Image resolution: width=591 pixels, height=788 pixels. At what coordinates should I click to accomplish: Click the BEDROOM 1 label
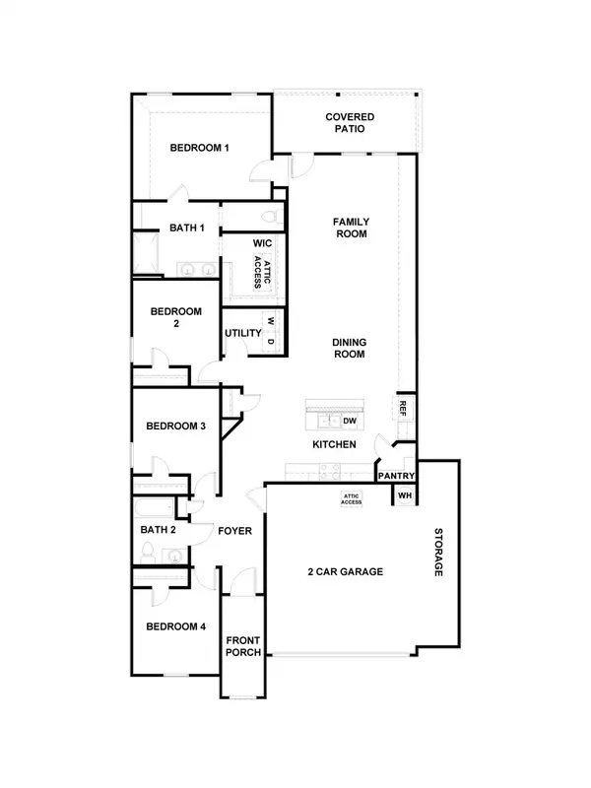(199, 148)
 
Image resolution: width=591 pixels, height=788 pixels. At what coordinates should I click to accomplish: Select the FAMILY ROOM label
(350, 229)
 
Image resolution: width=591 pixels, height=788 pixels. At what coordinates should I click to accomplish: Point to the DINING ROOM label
(349, 349)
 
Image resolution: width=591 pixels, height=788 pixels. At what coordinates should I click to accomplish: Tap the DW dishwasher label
(350, 421)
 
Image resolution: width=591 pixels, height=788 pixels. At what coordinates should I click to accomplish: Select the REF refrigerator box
(403, 408)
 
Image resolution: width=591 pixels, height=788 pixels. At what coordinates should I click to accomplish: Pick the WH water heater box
(404, 496)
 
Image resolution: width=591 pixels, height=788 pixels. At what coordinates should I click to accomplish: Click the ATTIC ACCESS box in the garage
(352, 499)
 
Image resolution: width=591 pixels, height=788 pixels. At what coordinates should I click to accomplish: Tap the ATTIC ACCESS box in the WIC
(258, 271)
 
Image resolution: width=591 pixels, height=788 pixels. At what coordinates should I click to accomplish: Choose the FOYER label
(235, 532)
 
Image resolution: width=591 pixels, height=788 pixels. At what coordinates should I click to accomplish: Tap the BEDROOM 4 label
(175, 626)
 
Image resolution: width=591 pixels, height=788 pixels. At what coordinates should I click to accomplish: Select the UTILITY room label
(242, 334)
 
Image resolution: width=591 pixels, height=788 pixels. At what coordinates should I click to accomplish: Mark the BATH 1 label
(187, 228)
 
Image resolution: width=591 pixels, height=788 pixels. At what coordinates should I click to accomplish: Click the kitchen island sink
(327, 422)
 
